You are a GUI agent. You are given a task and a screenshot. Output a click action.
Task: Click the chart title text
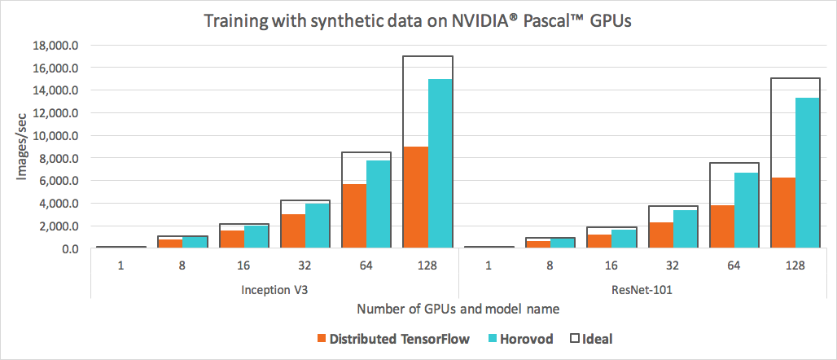click(418, 21)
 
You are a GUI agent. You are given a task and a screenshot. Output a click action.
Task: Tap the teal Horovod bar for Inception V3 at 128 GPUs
click(440, 163)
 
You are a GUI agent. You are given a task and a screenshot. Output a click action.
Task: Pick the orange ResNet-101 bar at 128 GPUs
click(782, 213)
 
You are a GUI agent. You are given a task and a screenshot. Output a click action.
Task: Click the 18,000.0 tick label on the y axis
click(53, 46)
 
